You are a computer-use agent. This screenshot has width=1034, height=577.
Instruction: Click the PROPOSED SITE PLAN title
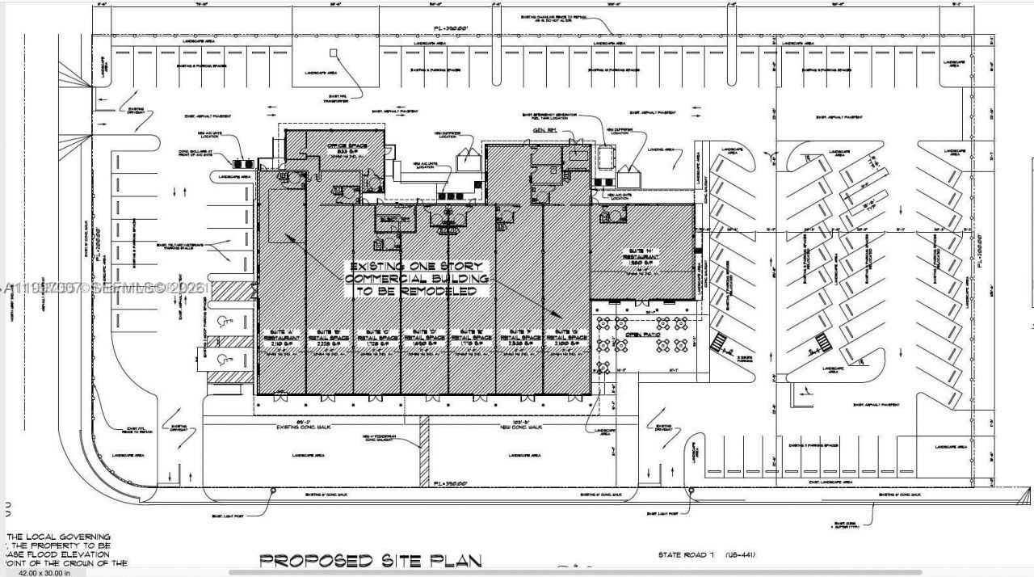(x=371, y=560)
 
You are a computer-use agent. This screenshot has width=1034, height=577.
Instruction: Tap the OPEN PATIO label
(x=632, y=322)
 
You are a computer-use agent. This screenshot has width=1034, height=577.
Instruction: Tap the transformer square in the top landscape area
(x=332, y=53)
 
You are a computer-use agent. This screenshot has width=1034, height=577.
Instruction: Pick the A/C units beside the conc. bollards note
(x=240, y=147)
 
